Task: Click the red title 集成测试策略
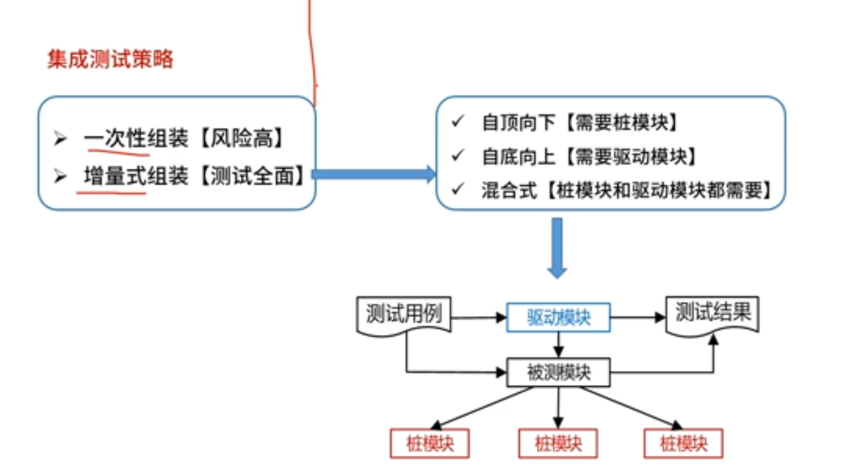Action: (x=110, y=59)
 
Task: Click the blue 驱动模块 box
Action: (x=558, y=317)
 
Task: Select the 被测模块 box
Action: (x=558, y=372)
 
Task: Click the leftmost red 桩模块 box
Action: (x=429, y=443)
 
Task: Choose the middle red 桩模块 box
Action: (x=558, y=443)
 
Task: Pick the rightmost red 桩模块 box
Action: (x=683, y=443)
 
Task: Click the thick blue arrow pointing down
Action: (x=557, y=247)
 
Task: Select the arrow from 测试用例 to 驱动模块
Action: (x=478, y=317)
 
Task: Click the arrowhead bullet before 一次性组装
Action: (x=60, y=138)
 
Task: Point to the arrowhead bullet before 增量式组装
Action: (x=60, y=176)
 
